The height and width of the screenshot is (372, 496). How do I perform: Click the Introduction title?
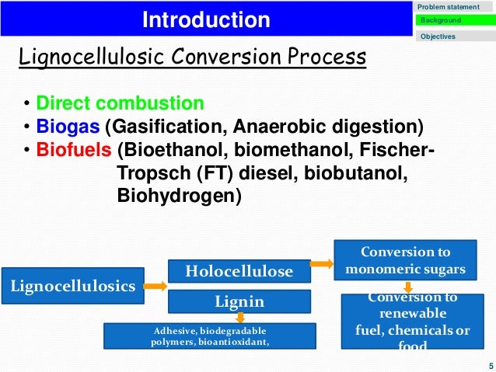(x=206, y=20)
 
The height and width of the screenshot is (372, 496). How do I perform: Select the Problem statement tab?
(x=449, y=7)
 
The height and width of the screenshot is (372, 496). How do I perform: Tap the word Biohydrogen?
(x=179, y=196)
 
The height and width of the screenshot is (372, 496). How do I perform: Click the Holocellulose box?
(x=239, y=271)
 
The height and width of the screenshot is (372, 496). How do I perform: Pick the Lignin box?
(x=239, y=301)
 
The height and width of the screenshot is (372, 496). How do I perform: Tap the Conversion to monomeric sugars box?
(x=405, y=261)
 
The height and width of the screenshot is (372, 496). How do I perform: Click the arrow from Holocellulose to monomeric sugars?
(x=321, y=263)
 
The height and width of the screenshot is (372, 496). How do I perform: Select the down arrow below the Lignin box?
(x=241, y=317)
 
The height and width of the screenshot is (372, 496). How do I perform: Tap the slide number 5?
(x=487, y=365)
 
